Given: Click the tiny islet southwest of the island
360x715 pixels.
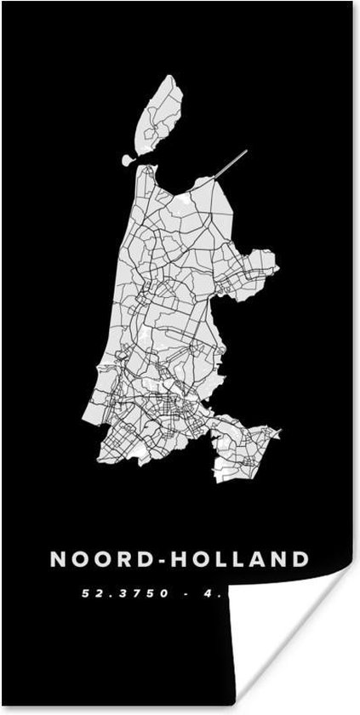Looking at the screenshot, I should pos(129,160).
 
